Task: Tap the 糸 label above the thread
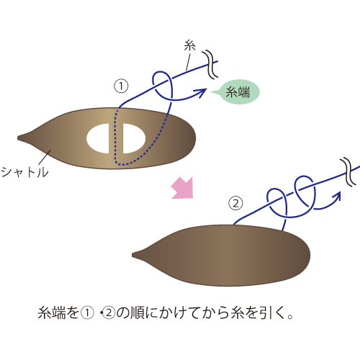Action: click(x=190, y=45)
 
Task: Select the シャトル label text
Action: click(x=24, y=172)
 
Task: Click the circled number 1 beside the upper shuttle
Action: click(x=121, y=86)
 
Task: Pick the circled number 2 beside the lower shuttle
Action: click(x=235, y=203)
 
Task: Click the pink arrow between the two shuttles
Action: click(x=183, y=188)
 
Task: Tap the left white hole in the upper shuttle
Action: click(x=98, y=138)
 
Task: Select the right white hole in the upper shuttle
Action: click(x=134, y=138)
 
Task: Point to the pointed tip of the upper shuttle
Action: click(x=18, y=138)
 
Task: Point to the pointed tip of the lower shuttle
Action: click(x=132, y=255)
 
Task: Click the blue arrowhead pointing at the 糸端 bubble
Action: click(x=202, y=92)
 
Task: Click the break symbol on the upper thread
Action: click(x=210, y=64)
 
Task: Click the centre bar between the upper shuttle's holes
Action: click(x=116, y=138)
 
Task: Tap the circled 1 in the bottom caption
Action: click(x=87, y=313)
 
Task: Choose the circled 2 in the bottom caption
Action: click(x=109, y=313)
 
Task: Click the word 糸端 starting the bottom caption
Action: click(x=52, y=313)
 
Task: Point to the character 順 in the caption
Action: click(x=138, y=313)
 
